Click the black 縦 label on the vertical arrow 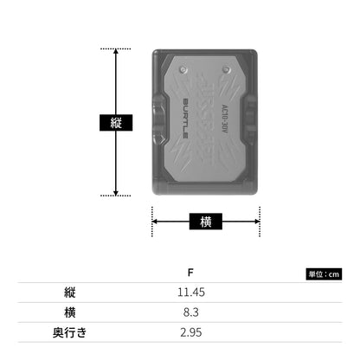click(116, 123)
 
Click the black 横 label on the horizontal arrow click(206, 222)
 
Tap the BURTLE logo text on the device click(186, 119)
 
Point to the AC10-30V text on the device click(225, 119)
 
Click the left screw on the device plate click(183, 69)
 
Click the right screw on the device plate click(227, 69)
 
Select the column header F click(190, 273)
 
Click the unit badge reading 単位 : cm click(324, 274)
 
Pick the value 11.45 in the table click(191, 292)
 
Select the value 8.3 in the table click(191, 312)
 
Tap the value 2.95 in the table click(191, 332)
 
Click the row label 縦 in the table click(70, 292)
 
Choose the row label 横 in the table click(70, 312)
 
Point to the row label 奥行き click(70, 332)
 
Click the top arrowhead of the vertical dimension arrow click(116, 51)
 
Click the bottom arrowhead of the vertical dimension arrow click(116, 193)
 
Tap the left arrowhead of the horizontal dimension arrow click(155, 222)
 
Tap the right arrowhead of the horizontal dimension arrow click(257, 222)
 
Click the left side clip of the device click(158, 119)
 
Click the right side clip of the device click(251, 119)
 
